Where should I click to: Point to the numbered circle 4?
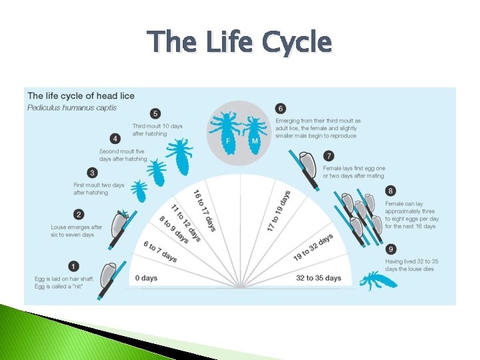click(x=116, y=139)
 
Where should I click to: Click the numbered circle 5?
click(x=155, y=113)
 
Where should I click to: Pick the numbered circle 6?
click(x=281, y=108)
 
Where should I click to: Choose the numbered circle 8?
click(x=390, y=191)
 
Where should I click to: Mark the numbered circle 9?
click(x=390, y=249)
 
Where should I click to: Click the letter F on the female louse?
click(x=229, y=142)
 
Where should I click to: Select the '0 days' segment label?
click(x=146, y=277)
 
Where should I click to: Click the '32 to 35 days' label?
click(x=319, y=277)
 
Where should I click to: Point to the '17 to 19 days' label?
click(x=279, y=211)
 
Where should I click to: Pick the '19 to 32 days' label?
click(x=313, y=247)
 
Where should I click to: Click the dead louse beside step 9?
click(x=378, y=279)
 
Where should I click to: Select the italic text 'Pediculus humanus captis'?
click(x=72, y=108)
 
